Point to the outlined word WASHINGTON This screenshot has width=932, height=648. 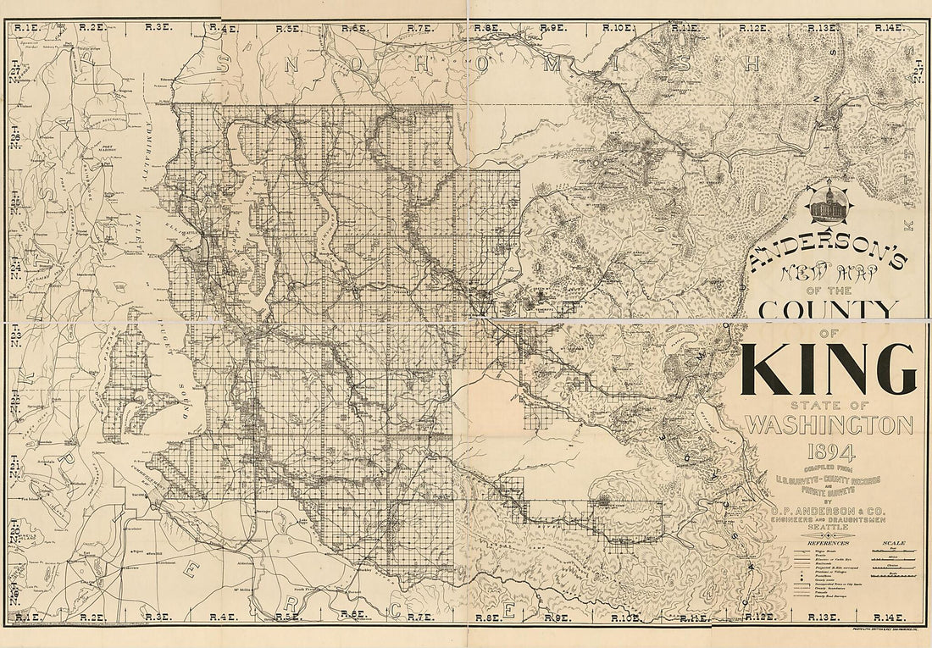click(x=829, y=424)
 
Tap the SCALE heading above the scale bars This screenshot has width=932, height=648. click(x=893, y=542)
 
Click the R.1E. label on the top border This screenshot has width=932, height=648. click(x=26, y=28)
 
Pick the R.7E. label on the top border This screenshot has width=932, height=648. click(x=419, y=28)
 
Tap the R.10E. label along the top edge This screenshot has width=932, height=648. click(x=618, y=28)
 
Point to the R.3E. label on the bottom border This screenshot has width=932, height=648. click(x=158, y=618)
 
